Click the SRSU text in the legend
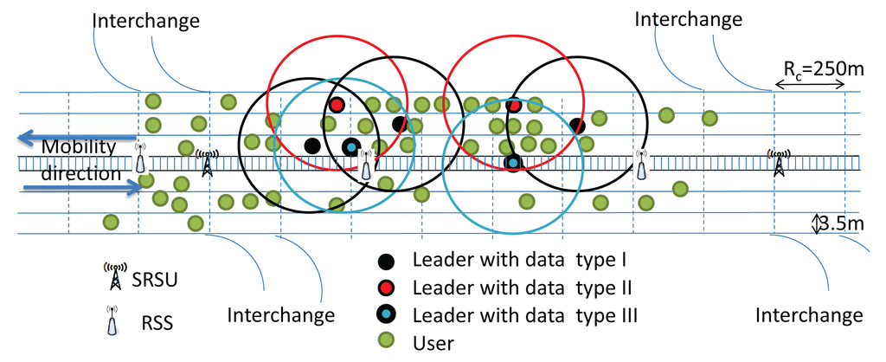[x=159, y=280]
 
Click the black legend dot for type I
[x=387, y=260]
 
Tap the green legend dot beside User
[x=387, y=341]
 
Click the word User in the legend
[x=433, y=343]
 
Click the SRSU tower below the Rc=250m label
[x=779, y=162]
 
